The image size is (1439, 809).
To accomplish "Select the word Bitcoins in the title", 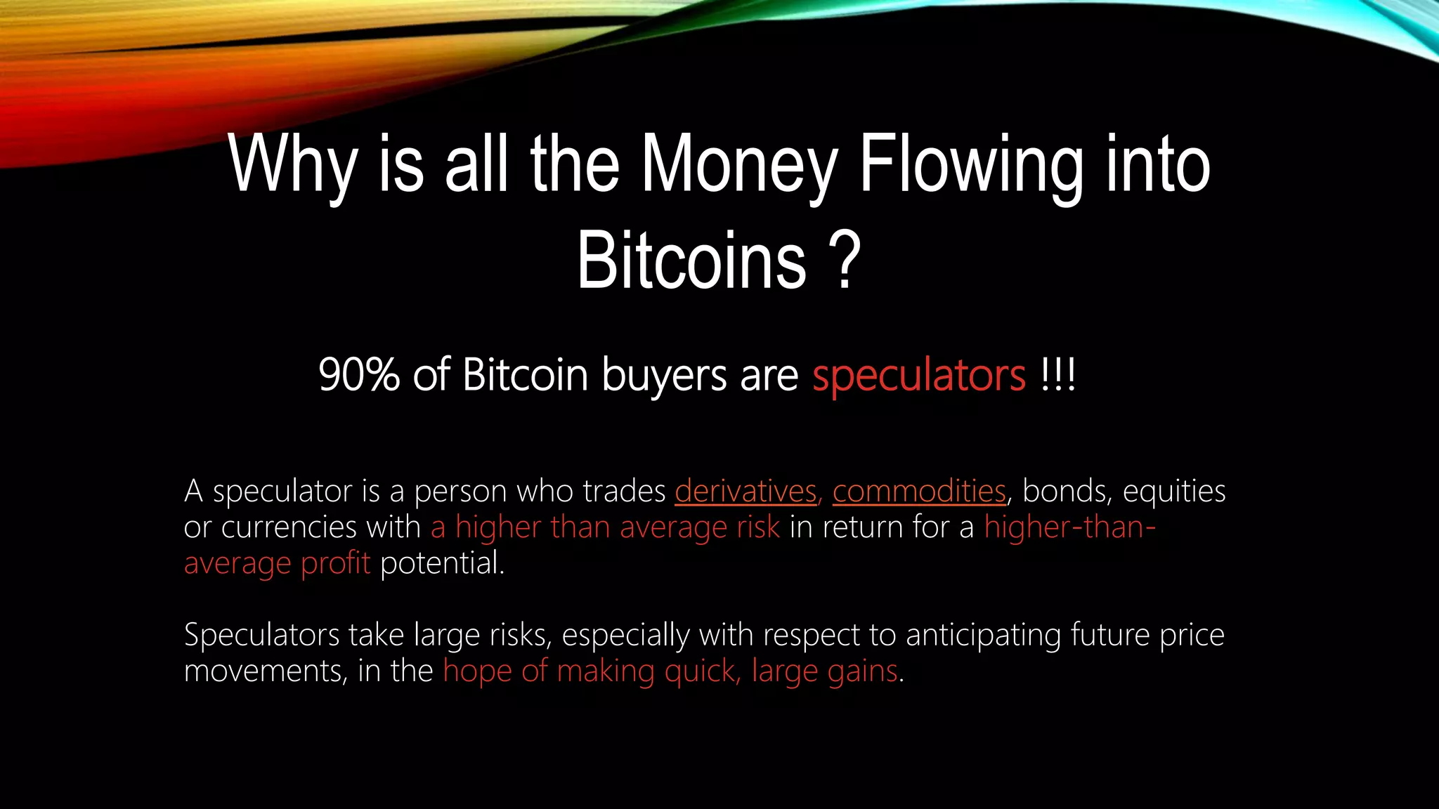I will tap(691, 261).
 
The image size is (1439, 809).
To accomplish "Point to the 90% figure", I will tap(359, 375).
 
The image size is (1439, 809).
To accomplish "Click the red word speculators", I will tap(919, 375).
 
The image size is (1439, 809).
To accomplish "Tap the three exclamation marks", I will tap(1058, 375).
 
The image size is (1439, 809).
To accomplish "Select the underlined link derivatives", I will tap(746, 491).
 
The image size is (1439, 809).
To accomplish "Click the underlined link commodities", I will tap(919, 491).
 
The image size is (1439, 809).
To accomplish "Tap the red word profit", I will tap(335, 563).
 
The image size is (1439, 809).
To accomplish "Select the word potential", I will tap(442, 563).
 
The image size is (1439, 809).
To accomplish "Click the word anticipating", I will tap(983, 636).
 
